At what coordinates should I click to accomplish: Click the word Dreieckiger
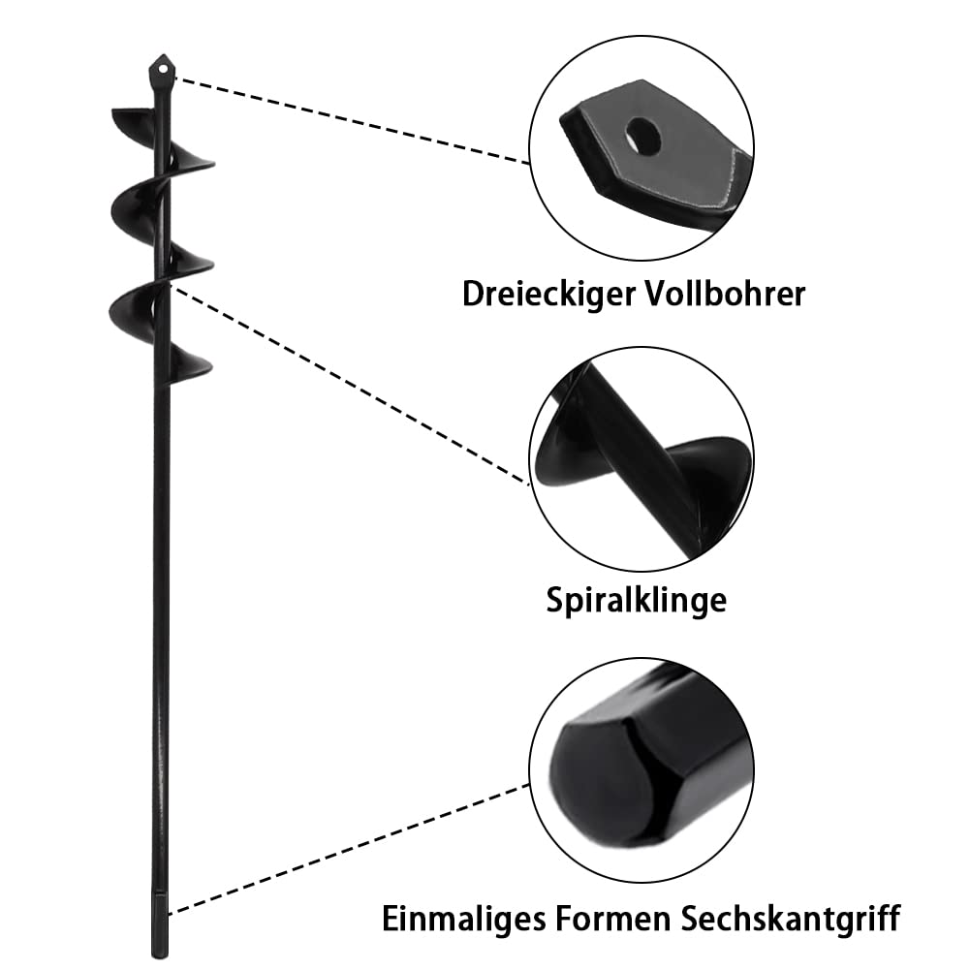[x=548, y=294]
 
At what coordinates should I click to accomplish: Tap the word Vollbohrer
[x=726, y=293]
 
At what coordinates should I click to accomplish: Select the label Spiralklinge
[x=636, y=600]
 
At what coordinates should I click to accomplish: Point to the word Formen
[x=613, y=918]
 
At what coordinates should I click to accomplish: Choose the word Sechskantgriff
[x=791, y=918]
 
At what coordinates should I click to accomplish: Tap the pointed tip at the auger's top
[x=163, y=55]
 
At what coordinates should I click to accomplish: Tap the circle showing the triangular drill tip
[x=641, y=147]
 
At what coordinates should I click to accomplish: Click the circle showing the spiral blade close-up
[x=641, y=458]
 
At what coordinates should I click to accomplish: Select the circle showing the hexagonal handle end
[x=641, y=770]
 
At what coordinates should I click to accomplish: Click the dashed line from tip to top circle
[x=352, y=120]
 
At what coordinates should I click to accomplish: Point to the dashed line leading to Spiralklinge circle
[x=349, y=385]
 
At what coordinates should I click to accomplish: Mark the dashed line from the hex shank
[x=350, y=848]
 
